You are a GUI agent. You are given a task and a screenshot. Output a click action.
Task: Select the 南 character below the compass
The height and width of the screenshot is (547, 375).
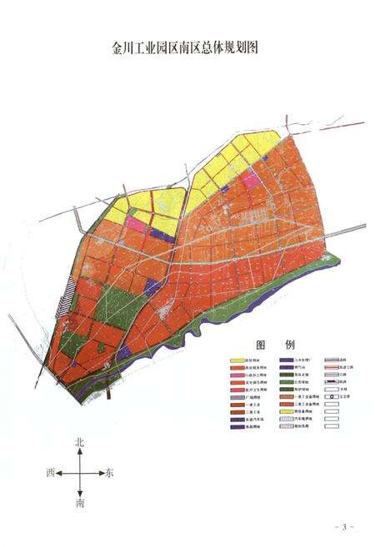tap(80, 504)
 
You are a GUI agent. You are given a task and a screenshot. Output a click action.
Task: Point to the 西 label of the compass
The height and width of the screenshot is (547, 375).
tap(51, 473)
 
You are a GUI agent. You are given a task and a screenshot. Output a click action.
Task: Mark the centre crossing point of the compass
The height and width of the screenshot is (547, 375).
tap(80, 473)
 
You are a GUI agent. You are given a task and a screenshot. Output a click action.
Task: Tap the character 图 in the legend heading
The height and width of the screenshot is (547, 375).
tap(260, 345)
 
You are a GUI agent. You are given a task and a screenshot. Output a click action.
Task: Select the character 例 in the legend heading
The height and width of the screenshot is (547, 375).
tap(289, 345)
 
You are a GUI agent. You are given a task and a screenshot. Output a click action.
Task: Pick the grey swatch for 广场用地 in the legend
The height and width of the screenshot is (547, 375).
tap(237, 396)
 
